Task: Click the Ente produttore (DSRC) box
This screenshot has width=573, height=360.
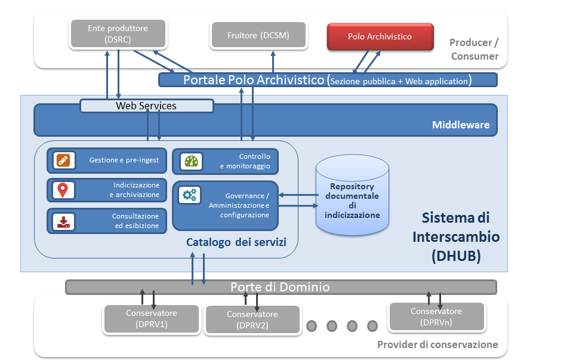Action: pos(118,34)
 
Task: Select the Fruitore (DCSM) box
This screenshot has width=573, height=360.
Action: pos(258,35)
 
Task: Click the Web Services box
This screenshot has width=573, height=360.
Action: pos(146,106)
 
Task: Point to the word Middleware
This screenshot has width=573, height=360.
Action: pos(460,125)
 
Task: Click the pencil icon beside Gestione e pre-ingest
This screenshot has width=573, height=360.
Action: pos(61,160)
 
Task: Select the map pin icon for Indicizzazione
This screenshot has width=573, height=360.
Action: pos(61,190)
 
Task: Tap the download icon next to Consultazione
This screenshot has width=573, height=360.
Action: pos(61,221)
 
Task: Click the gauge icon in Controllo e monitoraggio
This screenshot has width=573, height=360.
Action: pos(190,161)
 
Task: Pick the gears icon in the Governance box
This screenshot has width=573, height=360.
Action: pos(190,195)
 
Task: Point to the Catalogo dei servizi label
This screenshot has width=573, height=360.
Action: pos(236,242)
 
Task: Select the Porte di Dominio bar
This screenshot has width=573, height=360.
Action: pos(280,287)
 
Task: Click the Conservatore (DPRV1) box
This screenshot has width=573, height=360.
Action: pos(151,319)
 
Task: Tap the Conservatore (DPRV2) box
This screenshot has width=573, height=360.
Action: pos(252,319)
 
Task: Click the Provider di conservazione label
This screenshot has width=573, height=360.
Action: pos(438,344)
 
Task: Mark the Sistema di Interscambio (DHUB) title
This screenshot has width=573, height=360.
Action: pos(455,236)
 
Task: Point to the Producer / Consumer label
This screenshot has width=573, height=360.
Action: pos(475,50)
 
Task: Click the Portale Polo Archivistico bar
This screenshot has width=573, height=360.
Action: pos(327,80)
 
